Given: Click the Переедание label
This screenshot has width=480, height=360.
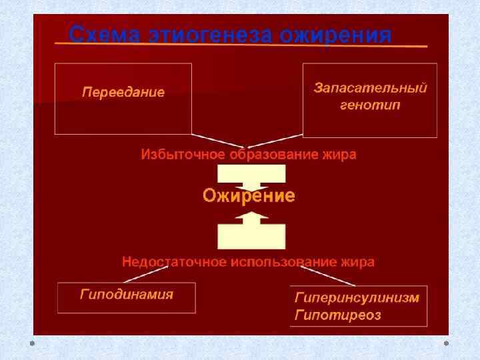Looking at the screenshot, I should coord(123,92).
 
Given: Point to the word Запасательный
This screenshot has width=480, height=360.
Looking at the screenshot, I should coord(370,88).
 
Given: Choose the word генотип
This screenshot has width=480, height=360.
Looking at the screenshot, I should coord(370,105).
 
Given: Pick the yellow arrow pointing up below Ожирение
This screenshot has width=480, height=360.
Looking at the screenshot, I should coord(251,229).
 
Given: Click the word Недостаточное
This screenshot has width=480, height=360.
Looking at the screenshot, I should coord(174,262).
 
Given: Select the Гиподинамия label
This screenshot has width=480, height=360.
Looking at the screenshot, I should coord(126,294).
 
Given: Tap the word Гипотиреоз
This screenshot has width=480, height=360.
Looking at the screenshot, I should coord(337,315).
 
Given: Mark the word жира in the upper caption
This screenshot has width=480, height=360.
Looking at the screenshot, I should coord(339,155).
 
